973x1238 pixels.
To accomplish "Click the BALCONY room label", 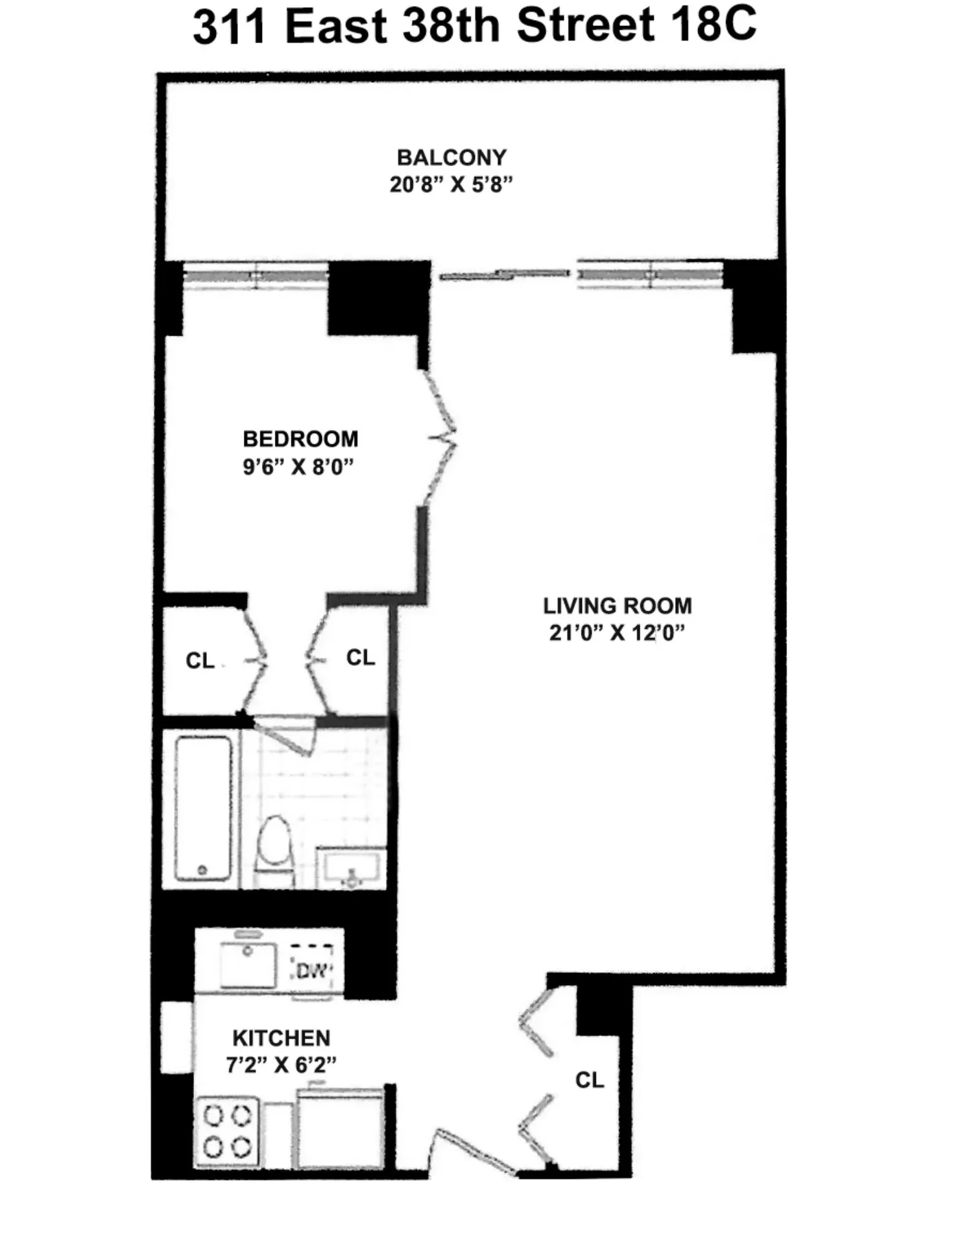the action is click(x=451, y=158).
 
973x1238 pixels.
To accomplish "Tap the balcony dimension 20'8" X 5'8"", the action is click(x=451, y=185).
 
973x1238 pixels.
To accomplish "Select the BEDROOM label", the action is click(x=300, y=439).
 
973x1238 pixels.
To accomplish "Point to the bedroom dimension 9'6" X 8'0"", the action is click(x=298, y=466).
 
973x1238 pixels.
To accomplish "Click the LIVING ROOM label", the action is click(x=618, y=606).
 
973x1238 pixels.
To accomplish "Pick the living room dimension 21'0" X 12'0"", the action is click(x=617, y=632).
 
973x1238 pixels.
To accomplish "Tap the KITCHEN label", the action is click(x=282, y=1038).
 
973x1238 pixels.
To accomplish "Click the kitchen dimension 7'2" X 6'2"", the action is click(x=282, y=1065).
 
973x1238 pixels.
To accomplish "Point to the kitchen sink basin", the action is click(x=247, y=964).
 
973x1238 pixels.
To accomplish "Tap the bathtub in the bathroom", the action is click(x=203, y=807).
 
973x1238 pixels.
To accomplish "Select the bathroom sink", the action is click(x=350, y=867).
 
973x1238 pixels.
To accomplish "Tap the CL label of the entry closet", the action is click(x=590, y=1080).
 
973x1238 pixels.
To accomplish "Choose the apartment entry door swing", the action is click(x=475, y=1151).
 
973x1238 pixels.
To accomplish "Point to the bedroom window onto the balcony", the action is click(x=256, y=275).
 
